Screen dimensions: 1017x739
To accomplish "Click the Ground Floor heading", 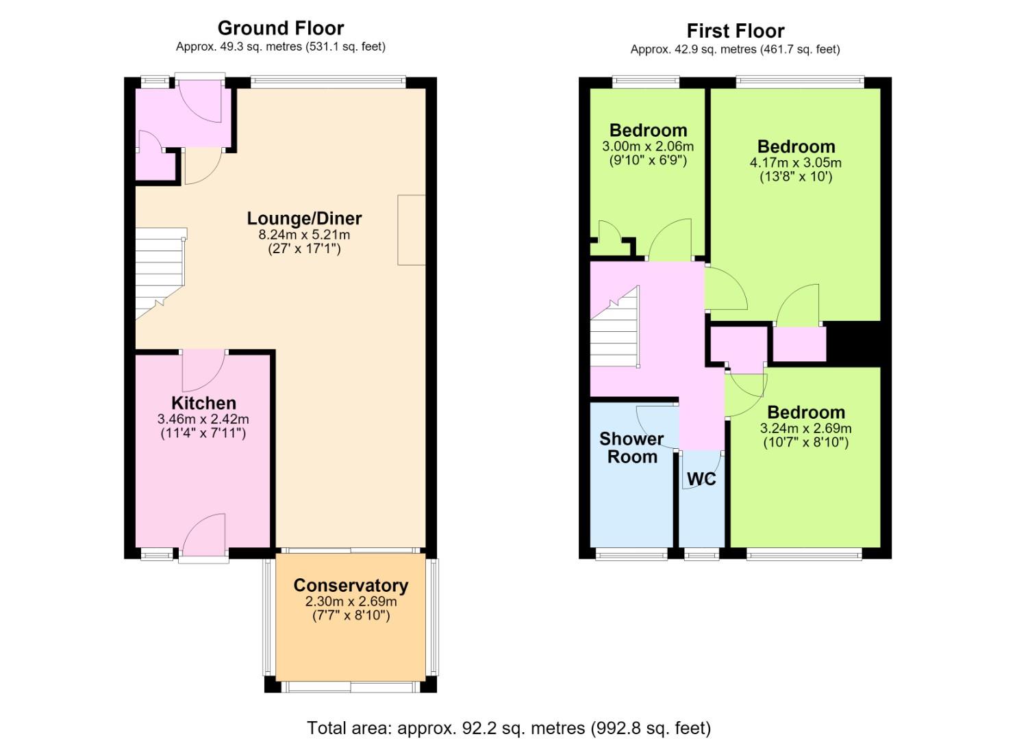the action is (281, 29).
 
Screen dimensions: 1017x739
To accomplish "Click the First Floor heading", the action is (736, 31).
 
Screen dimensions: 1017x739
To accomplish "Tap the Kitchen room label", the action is (204, 403).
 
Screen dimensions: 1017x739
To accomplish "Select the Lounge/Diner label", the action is (304, 219).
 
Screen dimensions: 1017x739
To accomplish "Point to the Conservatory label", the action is (351, 585).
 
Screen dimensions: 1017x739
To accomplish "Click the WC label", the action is (701, 479).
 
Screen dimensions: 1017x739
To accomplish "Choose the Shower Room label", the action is (632, 448).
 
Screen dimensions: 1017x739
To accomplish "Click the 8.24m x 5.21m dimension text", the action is (304, 235).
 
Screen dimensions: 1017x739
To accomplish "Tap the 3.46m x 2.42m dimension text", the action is (203, 419).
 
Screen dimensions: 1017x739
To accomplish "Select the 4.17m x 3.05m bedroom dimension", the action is (796, 162).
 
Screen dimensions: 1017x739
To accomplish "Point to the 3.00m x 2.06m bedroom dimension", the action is (648, 146).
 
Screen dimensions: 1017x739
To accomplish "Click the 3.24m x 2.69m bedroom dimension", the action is (806, 428).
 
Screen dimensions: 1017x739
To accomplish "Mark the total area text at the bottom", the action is (509, 728).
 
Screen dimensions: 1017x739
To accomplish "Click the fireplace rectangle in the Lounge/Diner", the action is (412, 230).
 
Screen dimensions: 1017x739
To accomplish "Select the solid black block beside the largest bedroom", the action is (853, 341).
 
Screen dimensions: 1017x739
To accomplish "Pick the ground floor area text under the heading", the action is (281, 47).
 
